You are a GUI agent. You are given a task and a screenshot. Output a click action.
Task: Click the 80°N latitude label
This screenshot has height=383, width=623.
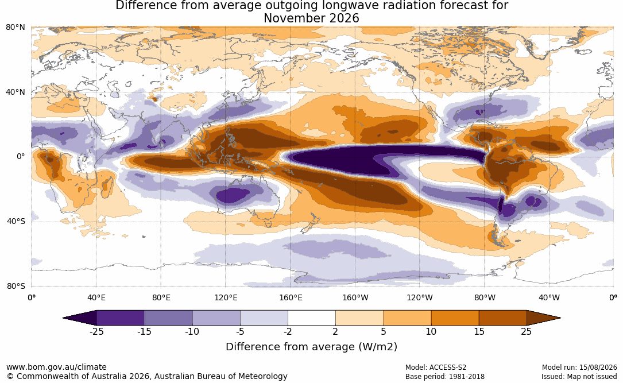(x=15, y=28)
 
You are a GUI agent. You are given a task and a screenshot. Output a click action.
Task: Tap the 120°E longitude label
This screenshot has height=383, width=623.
(x=226, y=297)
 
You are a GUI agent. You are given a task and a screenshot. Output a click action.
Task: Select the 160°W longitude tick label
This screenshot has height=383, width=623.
(x=355, y=297)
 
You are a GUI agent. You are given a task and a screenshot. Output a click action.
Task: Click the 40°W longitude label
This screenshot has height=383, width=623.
(x=550, y=297)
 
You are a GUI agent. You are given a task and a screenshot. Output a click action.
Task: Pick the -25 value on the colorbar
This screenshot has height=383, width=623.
(x=96, y=331)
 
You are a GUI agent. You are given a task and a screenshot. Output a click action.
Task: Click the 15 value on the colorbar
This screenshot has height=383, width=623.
(x=479, y=331)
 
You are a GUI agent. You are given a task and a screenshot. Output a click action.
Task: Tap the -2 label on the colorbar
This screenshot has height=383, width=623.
(x=288, y=331)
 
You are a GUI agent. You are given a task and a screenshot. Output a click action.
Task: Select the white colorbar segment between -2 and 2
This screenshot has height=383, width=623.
(x=312, y=318)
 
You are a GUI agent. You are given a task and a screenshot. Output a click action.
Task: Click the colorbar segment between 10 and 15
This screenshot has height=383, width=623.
(x=455, y=318)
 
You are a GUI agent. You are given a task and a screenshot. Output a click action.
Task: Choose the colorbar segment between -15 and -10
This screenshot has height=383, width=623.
(x=168, y=318)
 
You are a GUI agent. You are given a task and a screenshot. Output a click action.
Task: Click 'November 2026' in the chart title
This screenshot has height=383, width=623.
(x=311, y=18)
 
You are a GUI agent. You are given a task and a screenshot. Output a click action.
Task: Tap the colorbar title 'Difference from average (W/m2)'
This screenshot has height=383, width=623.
(x=311, y=346)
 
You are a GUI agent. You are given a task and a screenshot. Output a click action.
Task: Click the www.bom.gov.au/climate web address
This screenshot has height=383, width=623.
(x=56, y=367)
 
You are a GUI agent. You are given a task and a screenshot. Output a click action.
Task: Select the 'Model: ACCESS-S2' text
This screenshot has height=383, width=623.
(x=435, y=367)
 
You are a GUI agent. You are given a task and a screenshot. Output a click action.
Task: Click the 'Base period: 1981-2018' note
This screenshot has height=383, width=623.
(x=444, y=376)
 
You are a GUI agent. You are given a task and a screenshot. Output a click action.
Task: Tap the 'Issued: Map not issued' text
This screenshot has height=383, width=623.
(x=579, y=376)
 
